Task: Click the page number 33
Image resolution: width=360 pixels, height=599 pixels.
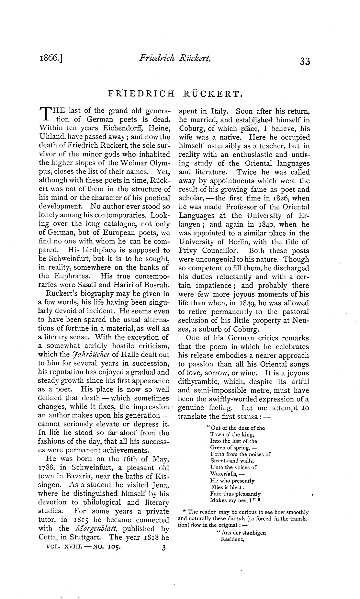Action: (x=305, y=61)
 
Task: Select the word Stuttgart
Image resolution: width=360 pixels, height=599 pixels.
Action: (x=88, y=537)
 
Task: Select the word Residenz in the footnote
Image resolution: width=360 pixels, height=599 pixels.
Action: (x=232, y=539)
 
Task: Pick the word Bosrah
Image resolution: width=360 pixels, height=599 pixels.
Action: (x=156, y=285)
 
